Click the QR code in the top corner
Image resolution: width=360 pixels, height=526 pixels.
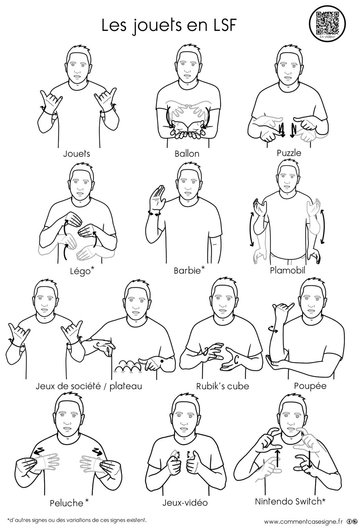click(327, 23)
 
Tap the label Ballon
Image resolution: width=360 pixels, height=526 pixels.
click(187, 154)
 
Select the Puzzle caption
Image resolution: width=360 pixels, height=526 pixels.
click(289, 153)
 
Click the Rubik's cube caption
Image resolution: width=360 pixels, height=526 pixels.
click(222, 386)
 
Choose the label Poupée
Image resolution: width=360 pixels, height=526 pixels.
click(310, 386)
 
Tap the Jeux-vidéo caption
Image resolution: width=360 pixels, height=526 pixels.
click(185, 503)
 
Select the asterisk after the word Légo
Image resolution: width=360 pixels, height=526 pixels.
click(92, 268)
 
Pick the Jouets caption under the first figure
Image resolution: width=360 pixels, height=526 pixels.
click(77, 154)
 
